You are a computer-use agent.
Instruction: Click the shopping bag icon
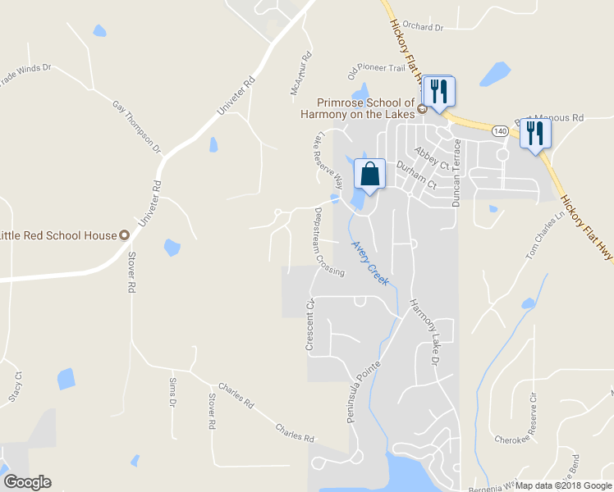369,174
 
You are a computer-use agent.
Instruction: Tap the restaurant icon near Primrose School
438,90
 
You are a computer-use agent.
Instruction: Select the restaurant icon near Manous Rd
535,133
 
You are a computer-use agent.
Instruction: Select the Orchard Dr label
423,27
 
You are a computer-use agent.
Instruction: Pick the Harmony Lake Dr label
427,331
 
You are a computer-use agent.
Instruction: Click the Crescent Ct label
310,326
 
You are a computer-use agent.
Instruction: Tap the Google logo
27,482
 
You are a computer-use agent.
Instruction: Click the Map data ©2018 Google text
563,485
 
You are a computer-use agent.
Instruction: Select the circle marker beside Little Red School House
125,235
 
